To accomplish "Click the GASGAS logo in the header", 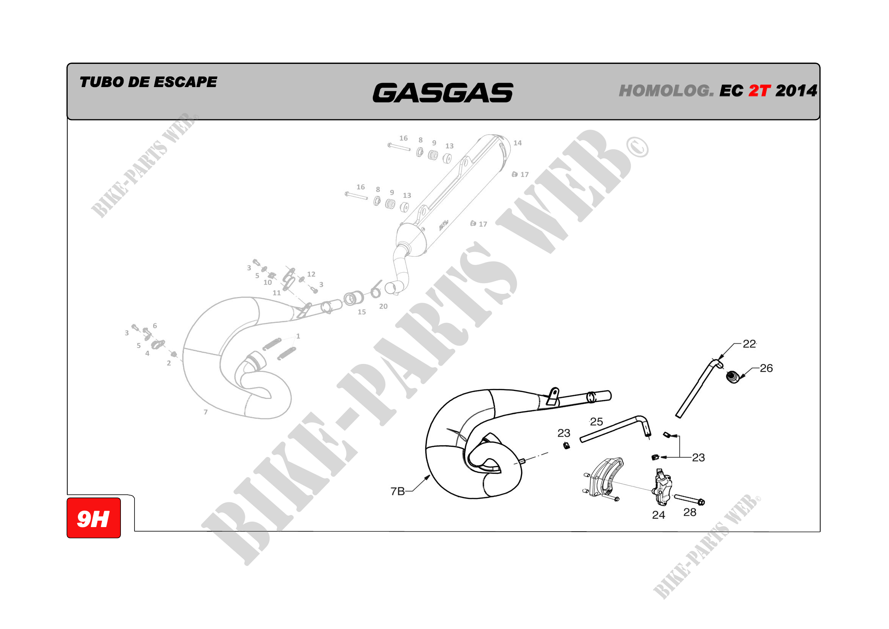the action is click(x=442, y=92).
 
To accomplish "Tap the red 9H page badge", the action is click(x=94, y=518).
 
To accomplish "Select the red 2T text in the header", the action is click(x=759, y=91).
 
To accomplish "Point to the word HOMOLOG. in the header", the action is click(x=666, y=91).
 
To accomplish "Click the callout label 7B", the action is click(x=398, y=491).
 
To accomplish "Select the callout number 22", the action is click(x=749, y=343).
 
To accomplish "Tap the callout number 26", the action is click(x=766, y=368).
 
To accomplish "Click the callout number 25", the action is click(x=597, y=421).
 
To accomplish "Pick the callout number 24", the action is click(x=659, y=515).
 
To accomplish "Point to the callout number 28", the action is click(x=690, y=512).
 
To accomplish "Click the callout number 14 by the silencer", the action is click(x=518, y=143).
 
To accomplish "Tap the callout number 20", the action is click(x=383, y=307).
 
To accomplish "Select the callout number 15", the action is click(x=361, y=312).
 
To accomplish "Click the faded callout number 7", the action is click(x=206, y=412).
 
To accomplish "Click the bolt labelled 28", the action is click(x=689, y=500).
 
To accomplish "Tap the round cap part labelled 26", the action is click(x=732, y=377).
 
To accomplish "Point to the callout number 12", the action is click(x=311, y=274).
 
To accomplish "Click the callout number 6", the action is click(x=155, y=326).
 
